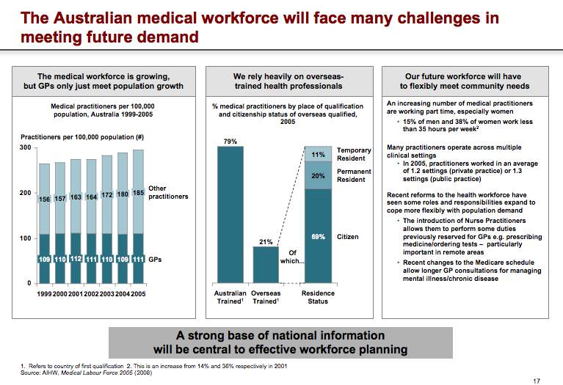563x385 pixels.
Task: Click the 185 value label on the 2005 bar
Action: tap(137, 193)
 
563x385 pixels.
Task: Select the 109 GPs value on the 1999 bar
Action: tap(44, 259)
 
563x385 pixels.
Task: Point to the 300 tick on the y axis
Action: tap(26, 148)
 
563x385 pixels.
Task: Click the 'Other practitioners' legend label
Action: tap(168, 193)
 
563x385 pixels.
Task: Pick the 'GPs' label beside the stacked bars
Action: tap(156, 259)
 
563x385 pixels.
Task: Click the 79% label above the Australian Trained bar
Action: tap(230, 140)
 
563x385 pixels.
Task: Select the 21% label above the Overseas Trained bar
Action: tap(266, 241)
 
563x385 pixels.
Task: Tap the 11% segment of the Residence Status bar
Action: tap(318, 155)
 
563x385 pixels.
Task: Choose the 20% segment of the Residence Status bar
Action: tap(318, 176)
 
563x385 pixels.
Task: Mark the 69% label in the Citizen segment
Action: tap(318, 237)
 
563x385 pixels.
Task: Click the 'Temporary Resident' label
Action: tap(354, 154)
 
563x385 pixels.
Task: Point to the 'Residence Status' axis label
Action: tap(318, 297)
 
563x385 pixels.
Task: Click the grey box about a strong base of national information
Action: tap(280, 342)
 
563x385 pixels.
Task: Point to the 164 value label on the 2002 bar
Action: tap(91, 197)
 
